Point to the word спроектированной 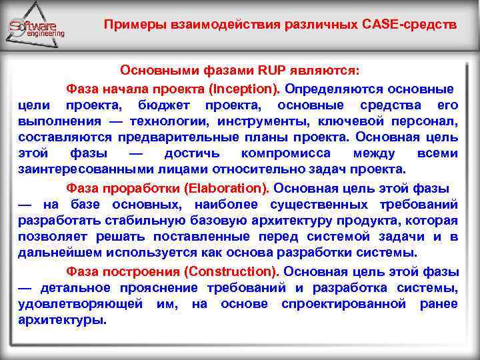[x=344, y=303]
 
